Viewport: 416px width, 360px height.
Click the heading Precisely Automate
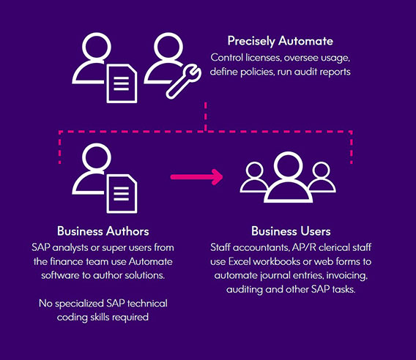(281, 42)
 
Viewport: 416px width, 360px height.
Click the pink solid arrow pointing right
(196, 177)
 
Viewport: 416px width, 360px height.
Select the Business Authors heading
(103, 231)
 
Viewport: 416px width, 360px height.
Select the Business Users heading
(291, 231)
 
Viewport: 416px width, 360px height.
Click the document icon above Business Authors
(122, 194)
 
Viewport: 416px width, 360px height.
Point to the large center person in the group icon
(288, 177)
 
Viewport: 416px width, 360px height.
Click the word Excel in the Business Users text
(239, 262)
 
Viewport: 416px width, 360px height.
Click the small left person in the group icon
(254, 177)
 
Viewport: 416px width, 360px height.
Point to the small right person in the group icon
(322, 177)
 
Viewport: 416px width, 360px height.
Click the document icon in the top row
(122, 83)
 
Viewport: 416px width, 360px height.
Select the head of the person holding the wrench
(168, 47)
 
